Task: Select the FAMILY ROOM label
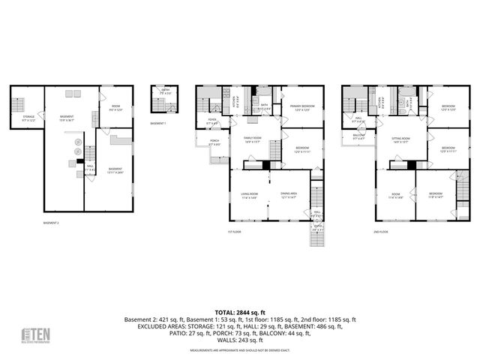coord(250,139)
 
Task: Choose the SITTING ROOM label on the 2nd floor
coord(400,139)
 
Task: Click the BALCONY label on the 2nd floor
coord(358,136)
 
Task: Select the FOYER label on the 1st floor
coord(212,121)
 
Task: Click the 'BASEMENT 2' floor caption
coord(51,223)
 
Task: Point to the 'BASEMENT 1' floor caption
coord(157,122)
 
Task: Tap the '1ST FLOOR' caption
coord(234,232)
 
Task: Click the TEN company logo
coord(34,334)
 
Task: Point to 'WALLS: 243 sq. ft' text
coord(239,340)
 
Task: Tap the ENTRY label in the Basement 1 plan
coord(165,91)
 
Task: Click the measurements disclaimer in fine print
coord(239,350)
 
